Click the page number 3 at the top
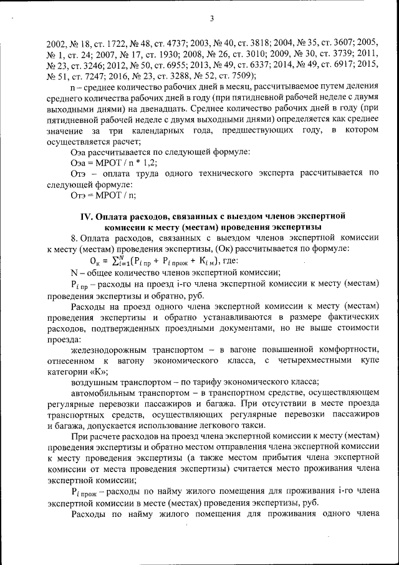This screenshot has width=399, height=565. pyautogui.click(x=212, y=18)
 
